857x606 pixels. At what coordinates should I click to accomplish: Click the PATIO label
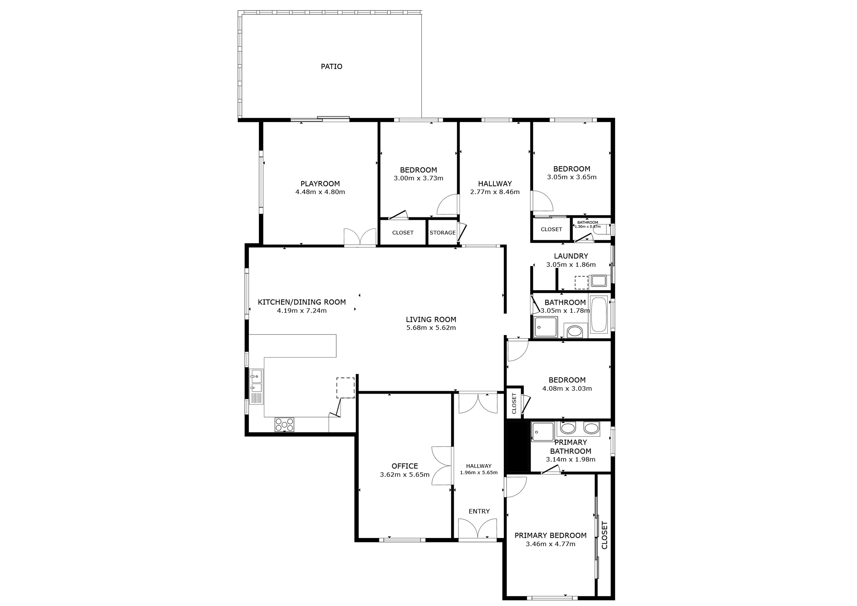[x=331, y=66]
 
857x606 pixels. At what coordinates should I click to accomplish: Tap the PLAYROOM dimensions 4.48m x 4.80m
[x=320, y=192]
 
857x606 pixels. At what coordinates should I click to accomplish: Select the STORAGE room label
[x=442, y=233]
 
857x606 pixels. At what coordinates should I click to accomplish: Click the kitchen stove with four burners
[x=284, y=424]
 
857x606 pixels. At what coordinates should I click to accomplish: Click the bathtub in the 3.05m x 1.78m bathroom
[x=599, y=314]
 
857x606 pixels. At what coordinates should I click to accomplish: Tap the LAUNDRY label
[x=571, y=256]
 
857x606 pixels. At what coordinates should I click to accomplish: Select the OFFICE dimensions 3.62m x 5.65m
[x=405, y=475]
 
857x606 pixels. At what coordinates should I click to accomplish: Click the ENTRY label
[x=479, y=511]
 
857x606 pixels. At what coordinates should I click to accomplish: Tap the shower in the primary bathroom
[x=543, y=431]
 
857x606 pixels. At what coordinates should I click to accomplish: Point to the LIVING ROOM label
[x=431, y=319]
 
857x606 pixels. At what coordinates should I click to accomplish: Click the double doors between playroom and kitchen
[x=360, y=237]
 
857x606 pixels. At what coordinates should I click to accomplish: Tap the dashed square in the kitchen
[x=345, y=388]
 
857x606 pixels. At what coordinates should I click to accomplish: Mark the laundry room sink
[x=599, y=281]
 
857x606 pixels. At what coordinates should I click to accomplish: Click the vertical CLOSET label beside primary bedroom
[x=605, y=535]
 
